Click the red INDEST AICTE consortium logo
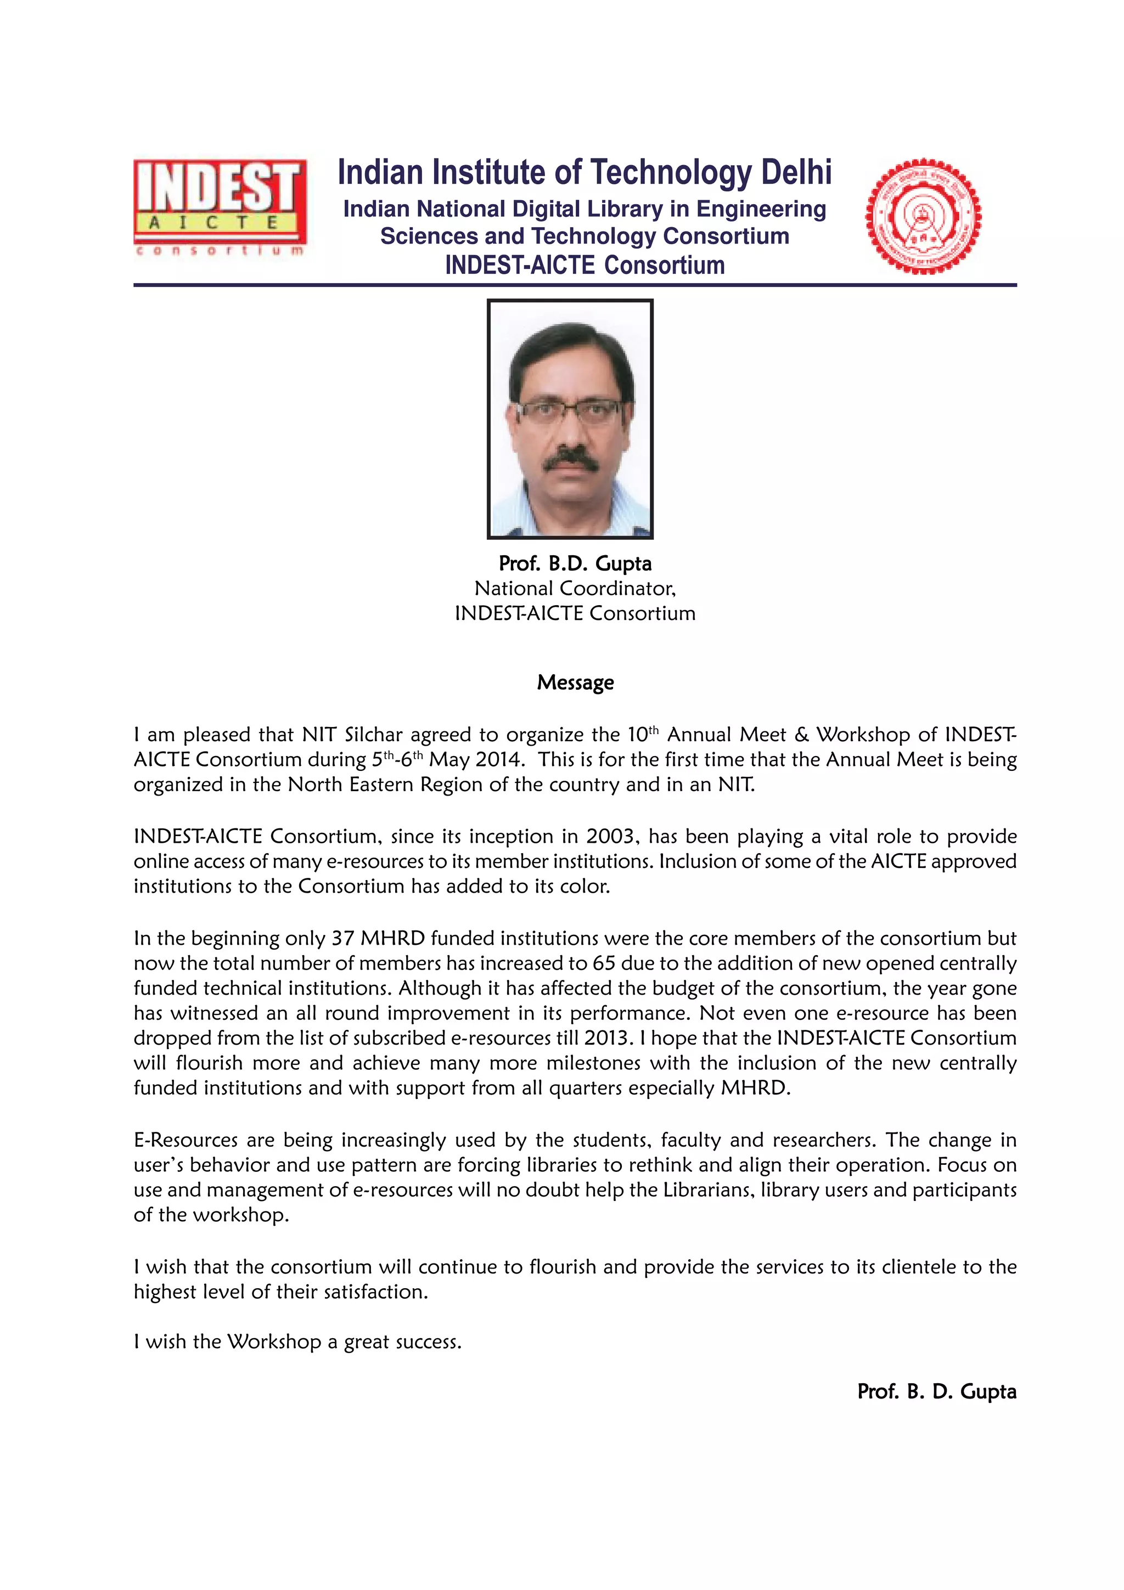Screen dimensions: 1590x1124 [220, 206]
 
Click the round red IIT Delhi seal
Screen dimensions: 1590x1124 [923, 216]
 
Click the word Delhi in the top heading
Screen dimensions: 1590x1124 [796, 172]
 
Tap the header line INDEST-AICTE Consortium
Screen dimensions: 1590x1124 [585, 265]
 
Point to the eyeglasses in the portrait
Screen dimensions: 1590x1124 [570, 410]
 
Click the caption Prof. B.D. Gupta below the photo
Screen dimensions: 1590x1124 [575, 563]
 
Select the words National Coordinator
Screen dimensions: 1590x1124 [574, 588]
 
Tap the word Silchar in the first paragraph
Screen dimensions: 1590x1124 [373, 734]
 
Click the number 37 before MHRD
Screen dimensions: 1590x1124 [343, 938]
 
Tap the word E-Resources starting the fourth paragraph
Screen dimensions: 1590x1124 [186, 1140]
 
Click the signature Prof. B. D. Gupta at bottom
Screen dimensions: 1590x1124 [936, 1391]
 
